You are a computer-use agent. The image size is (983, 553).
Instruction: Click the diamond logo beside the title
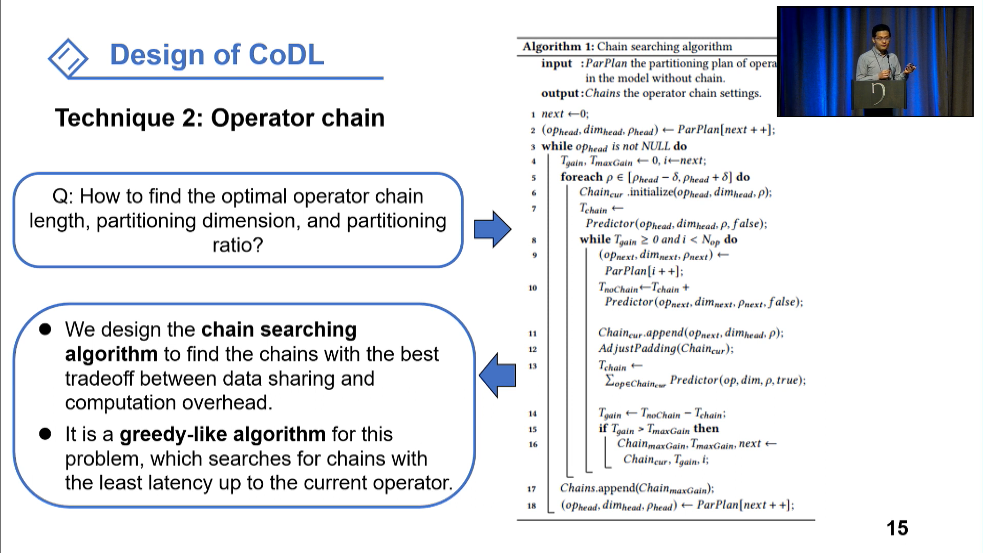tap(68, 58)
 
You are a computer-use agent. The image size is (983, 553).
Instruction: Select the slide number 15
tap(897, 528)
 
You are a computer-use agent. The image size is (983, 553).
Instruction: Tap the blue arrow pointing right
tap(492, 229)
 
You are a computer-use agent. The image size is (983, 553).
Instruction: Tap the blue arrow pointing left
tap(498, 375)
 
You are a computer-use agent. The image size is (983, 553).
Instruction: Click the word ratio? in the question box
tap(238, 245)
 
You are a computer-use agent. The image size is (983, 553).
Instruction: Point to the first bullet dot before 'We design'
tap(46, 329)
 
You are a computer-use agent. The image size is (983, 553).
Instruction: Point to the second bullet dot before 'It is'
tap(46, 434)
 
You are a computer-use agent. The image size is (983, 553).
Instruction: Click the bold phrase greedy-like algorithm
tap(222, 434)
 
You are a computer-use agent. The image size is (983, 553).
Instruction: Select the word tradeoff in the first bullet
tap(99, 378)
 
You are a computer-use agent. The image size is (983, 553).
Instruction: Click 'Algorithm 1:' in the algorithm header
tap(558, 47)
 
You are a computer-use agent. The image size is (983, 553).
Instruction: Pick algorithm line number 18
tap(531, 506)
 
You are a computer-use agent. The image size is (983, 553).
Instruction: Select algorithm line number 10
tap(532, 288)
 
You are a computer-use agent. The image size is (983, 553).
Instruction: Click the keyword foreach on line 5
tap(581, 177)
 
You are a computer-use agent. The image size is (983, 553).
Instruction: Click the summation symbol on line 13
tap(609, 380)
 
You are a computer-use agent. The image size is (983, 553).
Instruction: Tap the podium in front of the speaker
tap(879, 95)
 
